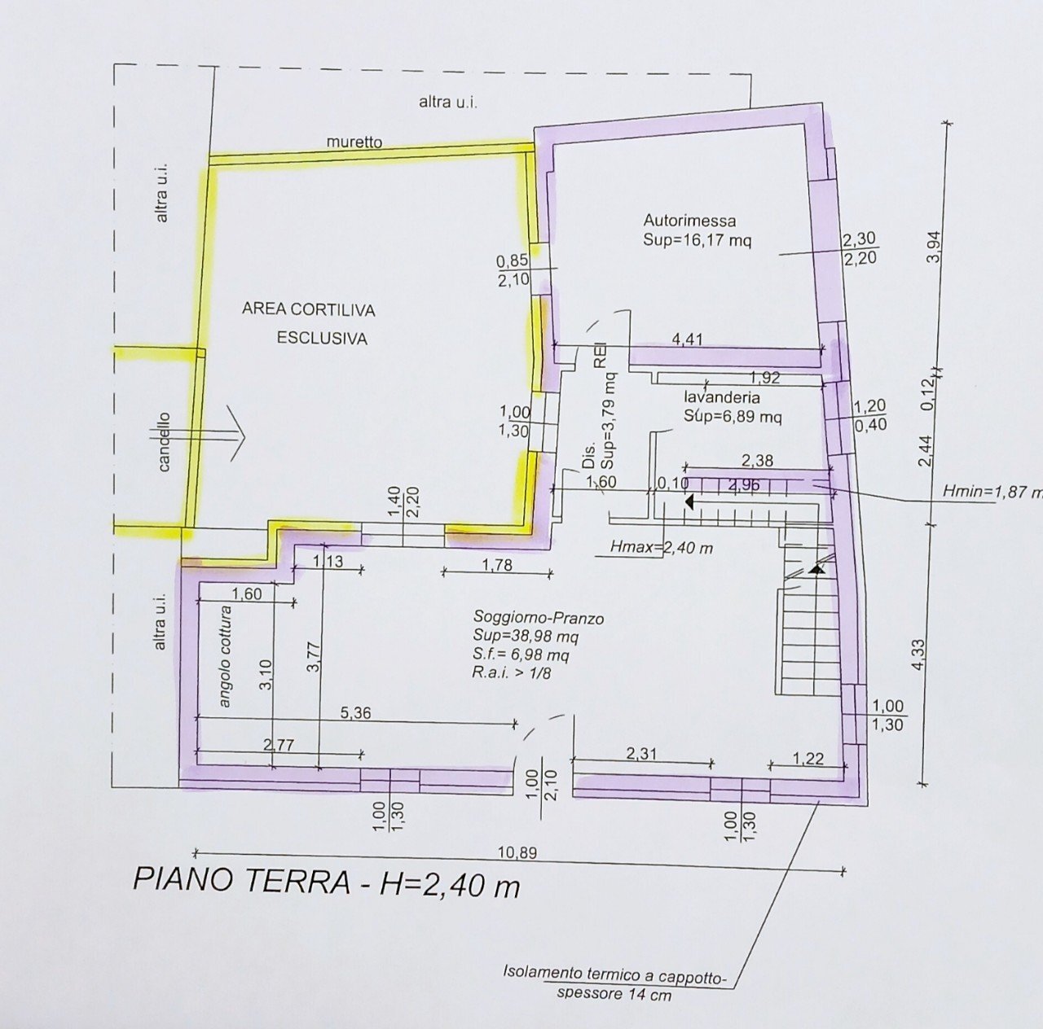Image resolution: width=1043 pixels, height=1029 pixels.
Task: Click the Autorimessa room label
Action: pyautogui.click(x=689, y=221)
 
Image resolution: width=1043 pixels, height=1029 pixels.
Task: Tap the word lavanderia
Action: pyautogui.click(x=722, y=398)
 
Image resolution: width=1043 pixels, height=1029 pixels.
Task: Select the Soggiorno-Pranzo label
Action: pyautogui.click(x=538, y=619)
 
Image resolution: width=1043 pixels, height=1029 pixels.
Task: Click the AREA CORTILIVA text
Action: pyautogui.click(x=308, y=310)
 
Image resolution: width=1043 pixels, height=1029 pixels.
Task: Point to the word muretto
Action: pyautogui.click(x=354, y=142)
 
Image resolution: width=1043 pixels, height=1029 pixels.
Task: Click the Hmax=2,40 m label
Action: pyautogui.click(x=661, y=548)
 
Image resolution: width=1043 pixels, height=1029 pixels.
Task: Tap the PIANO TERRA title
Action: pyautogui.click(x=326, y=882)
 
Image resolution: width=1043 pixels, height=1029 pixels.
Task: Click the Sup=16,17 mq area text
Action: pyautogui.click(x=697, y=241)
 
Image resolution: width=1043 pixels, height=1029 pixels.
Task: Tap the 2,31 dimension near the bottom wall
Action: pyautogui.click(x=642, y=755)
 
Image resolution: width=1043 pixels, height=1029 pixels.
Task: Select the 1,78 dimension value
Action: pyautogui.click(x=496, y=564)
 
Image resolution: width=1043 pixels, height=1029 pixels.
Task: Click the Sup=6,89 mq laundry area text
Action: pyautogui.click(x=733, y=418)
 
